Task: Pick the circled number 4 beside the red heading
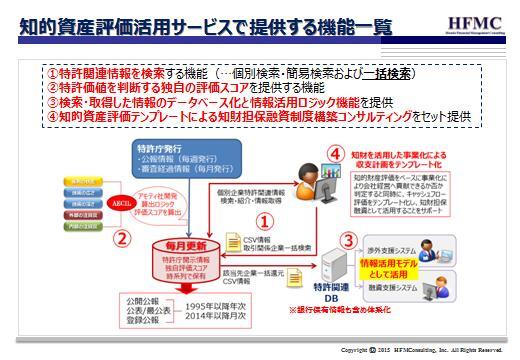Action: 335,153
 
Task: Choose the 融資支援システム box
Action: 390,289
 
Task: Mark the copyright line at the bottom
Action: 421,350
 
